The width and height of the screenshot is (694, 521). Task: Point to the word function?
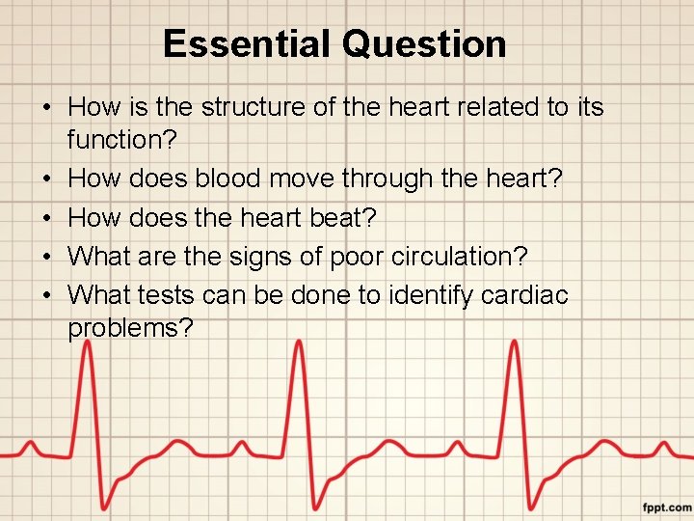pyautogui.click(x=122, y=141)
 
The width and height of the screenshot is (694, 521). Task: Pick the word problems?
pyautogui.click(x=131, y=329)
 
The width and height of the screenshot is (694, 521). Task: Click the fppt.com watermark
pyautogui.click(x=666, y=507)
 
